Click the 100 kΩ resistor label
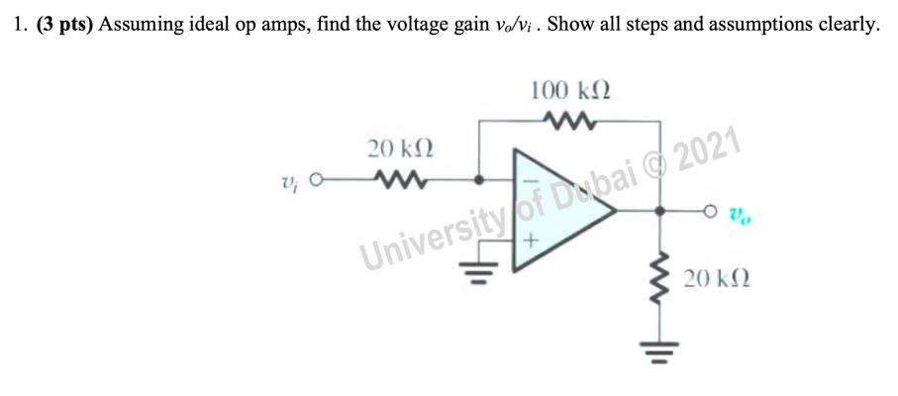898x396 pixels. pyautogui.click(x=570, y=91)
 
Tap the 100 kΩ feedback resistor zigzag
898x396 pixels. pyautogui.click(x=570, y=123)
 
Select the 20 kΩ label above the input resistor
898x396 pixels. pyautogui.click(x=401, y=149)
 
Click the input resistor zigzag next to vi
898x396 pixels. pyautogui.click(x=401, y=181)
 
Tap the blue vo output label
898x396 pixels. pyautogui.click(x=739, y=212)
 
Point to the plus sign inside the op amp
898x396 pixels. pyautogui.click(x=531, y=240)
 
